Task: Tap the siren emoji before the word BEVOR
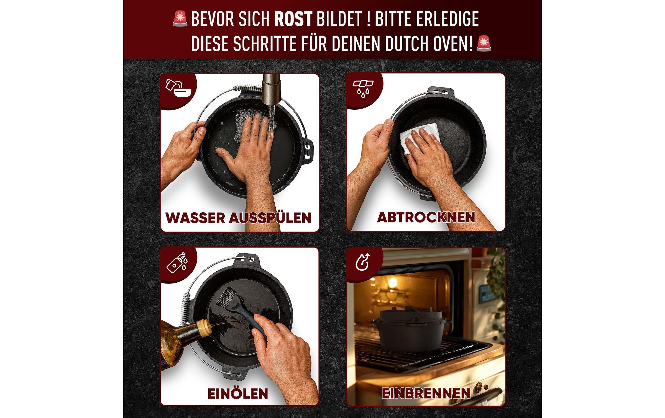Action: coord(180,19)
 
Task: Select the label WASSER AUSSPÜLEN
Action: coord(238,218)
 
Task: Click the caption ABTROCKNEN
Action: coord(426,217)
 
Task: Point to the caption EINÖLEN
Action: coord(238,394)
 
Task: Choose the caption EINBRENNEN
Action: coord(426,393)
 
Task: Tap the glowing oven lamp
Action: coord(392,283)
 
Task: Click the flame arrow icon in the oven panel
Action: coord(363,262)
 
